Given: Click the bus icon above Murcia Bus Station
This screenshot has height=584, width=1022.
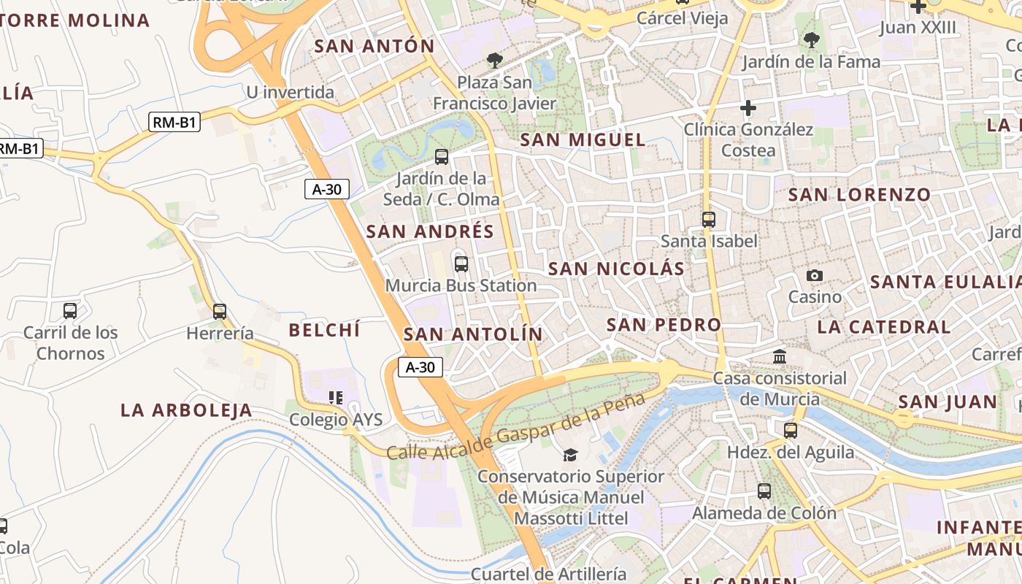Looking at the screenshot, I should [461, 264].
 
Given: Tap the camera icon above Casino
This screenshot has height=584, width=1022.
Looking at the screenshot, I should [815, 276].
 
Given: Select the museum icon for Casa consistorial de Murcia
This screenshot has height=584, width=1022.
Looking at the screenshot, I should [780, 357].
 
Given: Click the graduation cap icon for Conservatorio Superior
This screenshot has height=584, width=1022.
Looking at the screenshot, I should [570, 455].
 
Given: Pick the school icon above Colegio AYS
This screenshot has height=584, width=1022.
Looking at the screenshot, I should [336, 398].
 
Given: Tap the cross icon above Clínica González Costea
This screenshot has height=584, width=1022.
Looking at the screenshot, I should [748, 109].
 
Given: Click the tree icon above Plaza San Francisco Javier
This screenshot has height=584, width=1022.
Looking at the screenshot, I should [495, 61].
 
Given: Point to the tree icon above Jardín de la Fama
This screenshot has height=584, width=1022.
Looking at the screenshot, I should [811, 40].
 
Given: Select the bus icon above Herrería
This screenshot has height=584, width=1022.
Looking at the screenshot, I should [220, 312].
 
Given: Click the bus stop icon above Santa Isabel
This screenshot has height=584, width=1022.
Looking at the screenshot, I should [708, 219].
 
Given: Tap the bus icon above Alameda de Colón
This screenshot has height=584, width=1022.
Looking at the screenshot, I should [764, 491].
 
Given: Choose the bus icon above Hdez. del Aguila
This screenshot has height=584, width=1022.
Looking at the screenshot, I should [791, 431].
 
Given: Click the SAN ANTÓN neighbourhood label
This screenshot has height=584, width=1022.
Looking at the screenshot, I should [374, 46].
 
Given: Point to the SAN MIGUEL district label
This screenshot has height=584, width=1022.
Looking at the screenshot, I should [583, 139].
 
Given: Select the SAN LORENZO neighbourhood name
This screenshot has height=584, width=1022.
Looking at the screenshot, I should [859, 195].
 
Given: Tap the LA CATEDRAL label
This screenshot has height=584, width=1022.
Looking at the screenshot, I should [884, 327].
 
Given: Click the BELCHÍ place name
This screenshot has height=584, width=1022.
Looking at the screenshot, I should [324, 330].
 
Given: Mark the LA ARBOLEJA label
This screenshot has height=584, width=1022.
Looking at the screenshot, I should [186, 410].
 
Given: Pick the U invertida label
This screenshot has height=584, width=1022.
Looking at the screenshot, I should [290, 93].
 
